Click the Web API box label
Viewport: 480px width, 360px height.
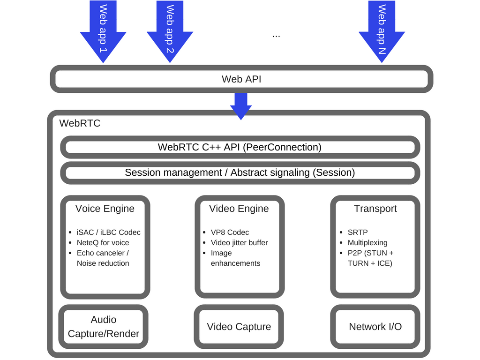[241, 79]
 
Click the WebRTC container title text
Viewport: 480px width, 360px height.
[80, 124]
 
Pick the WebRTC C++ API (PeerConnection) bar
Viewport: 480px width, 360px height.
[240, 147]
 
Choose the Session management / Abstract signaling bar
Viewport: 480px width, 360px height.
[240, 172]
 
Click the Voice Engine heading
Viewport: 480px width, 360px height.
[105, 209]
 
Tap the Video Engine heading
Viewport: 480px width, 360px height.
[239, 209]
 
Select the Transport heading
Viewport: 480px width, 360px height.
[375, 209]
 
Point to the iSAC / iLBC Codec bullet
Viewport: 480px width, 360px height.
[108, 232]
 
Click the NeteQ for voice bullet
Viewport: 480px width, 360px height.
[103, 243]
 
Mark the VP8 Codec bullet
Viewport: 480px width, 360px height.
[230, 232]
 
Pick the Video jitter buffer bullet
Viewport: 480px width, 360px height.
[239, 243]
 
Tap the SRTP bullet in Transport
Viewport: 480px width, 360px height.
[358, 232]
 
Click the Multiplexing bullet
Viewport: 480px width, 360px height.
[367, 243]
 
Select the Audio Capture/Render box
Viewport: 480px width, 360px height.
[104, 327]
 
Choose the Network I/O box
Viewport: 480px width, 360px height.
[375, 327]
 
